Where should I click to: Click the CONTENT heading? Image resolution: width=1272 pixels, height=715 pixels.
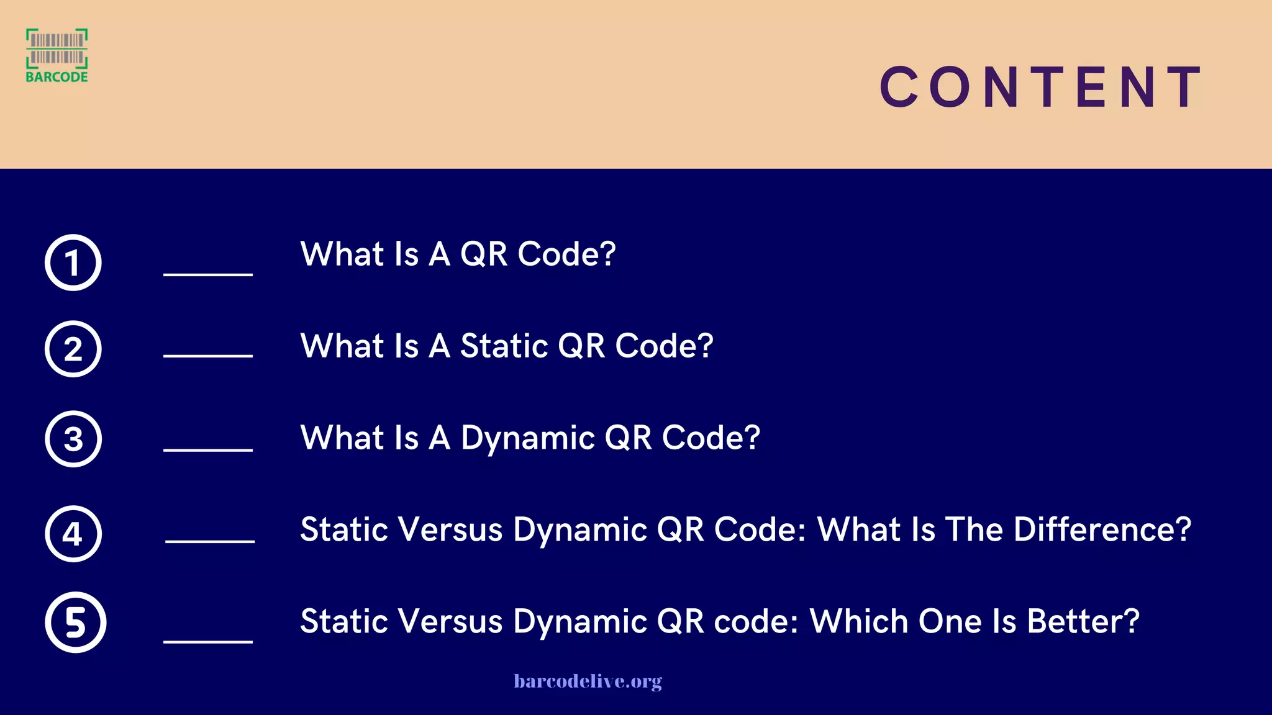tap(1041, 87)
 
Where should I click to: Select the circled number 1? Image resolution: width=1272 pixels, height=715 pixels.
tap(73, 263)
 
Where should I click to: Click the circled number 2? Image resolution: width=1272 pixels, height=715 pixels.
tap(73, 349)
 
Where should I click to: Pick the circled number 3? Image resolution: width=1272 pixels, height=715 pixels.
tap(73, 439)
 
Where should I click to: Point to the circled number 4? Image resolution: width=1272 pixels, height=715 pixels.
tap(73, 534)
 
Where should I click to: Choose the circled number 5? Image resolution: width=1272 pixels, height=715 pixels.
tap(75, 623)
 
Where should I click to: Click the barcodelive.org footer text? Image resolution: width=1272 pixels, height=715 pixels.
tap(588, 681)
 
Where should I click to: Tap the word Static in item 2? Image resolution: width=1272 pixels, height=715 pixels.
tap(504, 346)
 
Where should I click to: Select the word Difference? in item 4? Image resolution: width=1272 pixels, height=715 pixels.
tap(1102, 529)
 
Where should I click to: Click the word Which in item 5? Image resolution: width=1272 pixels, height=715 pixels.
tap(859, 621)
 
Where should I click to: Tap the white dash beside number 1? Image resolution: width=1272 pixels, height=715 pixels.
tap(208, 274)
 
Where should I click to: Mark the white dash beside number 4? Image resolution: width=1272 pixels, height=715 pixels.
tap(210, 541)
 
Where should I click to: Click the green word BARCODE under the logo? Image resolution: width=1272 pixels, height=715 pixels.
tap(57, 77)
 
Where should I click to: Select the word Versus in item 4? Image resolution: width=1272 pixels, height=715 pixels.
tap(450, 530)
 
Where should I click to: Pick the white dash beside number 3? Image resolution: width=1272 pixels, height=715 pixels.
tap(208, 449)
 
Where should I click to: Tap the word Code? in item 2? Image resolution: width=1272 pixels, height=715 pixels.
tap(664, 346)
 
